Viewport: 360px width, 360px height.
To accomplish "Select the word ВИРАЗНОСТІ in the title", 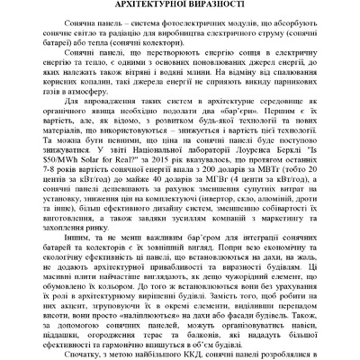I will pos(220,5).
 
